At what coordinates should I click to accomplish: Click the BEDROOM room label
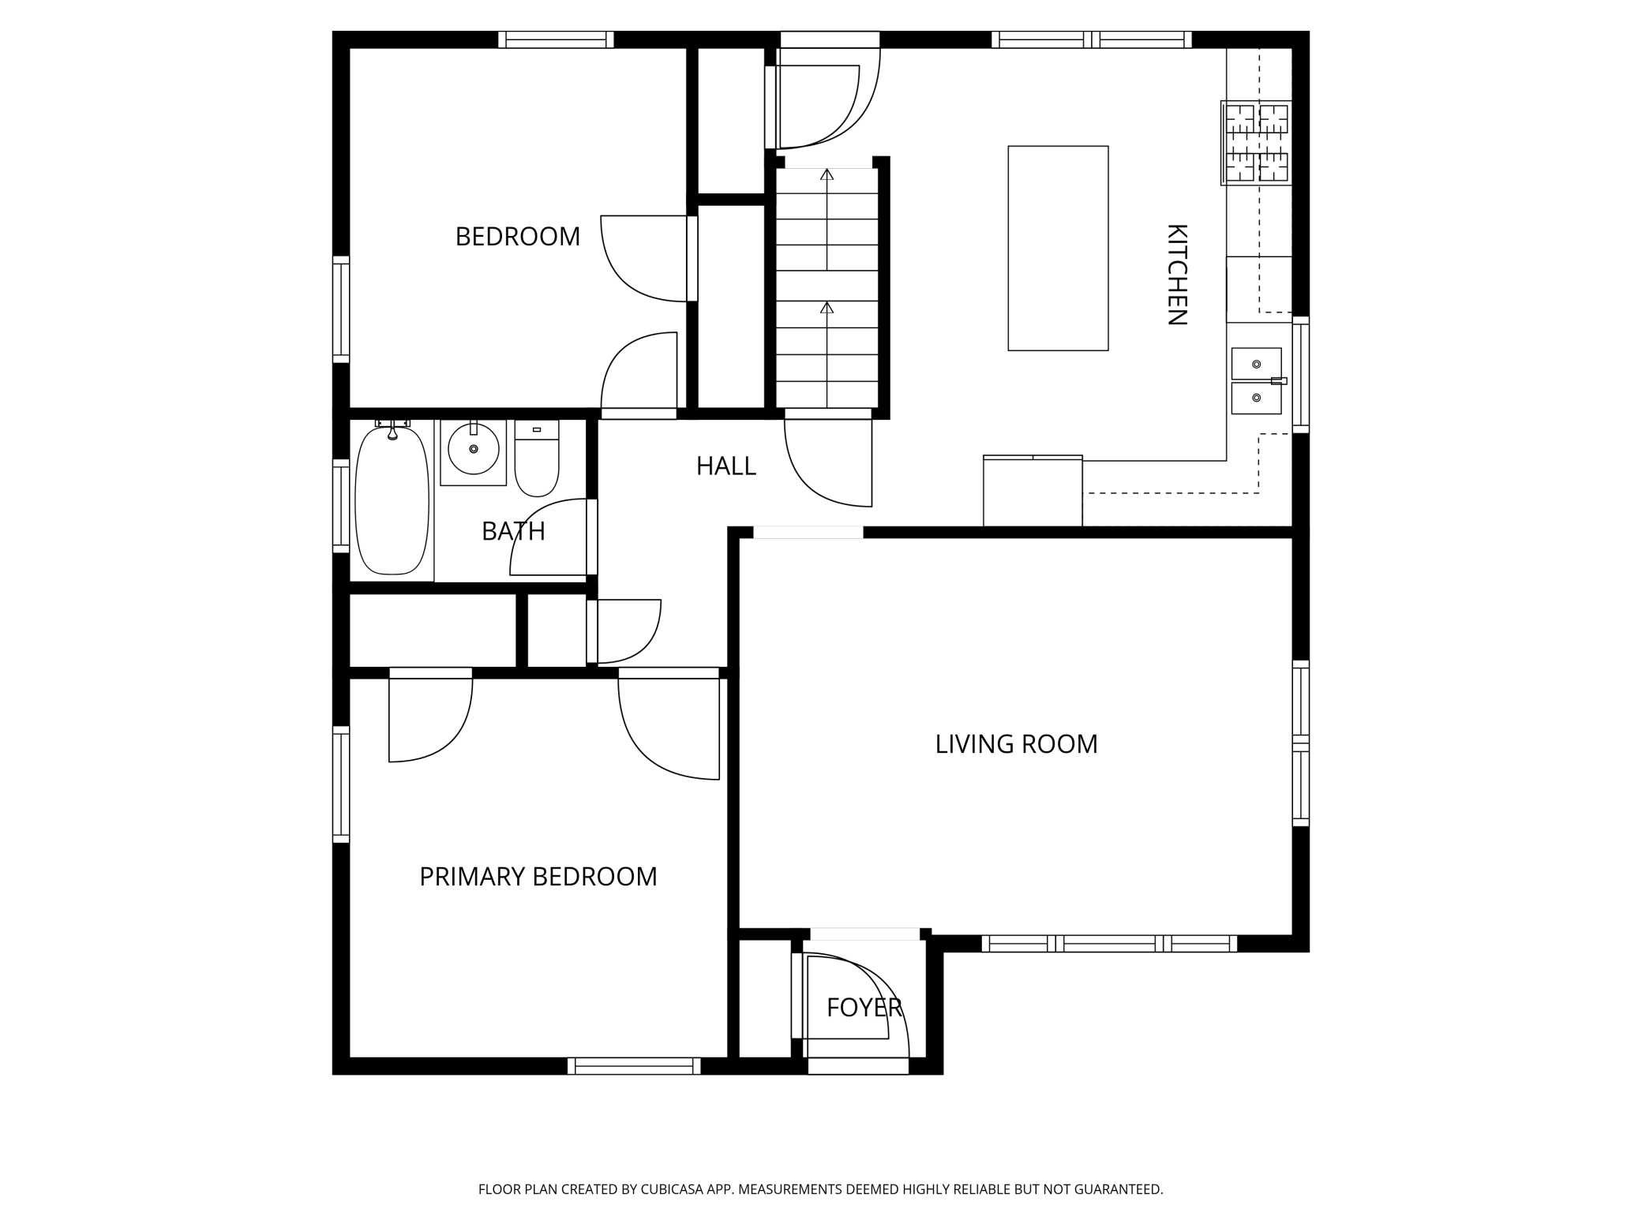tap(518, 237)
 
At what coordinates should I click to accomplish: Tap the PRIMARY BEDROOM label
tap(538, 877)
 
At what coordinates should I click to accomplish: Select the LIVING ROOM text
tap(1017, 744)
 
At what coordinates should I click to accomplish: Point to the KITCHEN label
tap(1177, 275)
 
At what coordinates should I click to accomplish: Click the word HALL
tap(726, 466)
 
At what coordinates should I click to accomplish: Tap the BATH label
tap(513, 532)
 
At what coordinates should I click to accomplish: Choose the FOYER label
tap(864, 1008)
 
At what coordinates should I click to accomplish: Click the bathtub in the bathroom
tap(392, 500)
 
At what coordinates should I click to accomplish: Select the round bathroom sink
tap(474, 449)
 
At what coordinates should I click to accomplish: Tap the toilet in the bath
tap(537, 458)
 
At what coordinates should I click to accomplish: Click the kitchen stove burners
tap(1257, 143)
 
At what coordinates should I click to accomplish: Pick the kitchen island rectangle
tap(1059, 249)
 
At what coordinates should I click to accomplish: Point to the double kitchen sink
tap(1257, 381)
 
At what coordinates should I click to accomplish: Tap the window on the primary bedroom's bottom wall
tap(634, 1066)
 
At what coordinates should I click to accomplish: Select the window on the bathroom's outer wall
tap(341, 505)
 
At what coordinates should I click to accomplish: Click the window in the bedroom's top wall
tap(556, 39)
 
